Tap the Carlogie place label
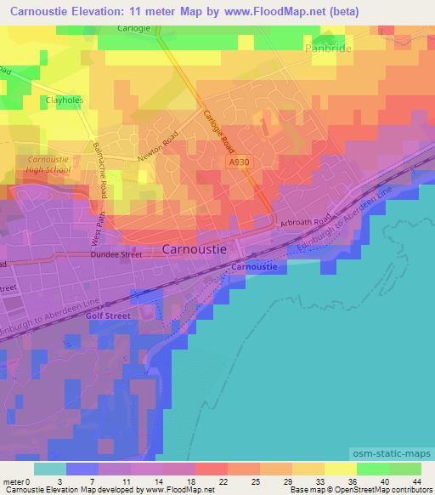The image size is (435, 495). (x=134, y=28)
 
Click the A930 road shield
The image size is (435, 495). (x=239, y=160)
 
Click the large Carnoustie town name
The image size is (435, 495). (x=195, y=250)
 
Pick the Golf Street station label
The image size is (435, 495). (x=105, y=314)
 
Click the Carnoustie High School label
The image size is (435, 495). (x=48, y=164)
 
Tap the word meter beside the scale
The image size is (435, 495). (x=13, y=481)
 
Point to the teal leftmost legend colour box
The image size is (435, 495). (x=49, y=469)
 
